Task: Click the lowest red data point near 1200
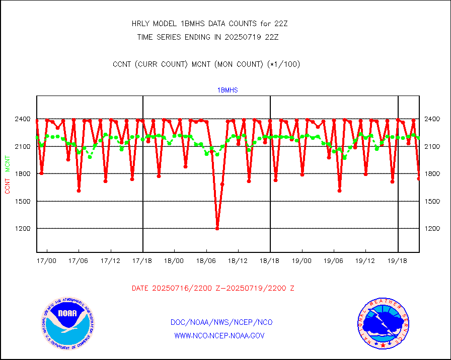(217, 228)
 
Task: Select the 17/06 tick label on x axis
(79, 261)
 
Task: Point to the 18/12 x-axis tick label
(238, 261)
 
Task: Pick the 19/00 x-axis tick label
(302, 261)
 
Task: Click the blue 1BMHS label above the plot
(228, 90)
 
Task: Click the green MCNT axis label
(8, 163)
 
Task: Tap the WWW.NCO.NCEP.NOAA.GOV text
(219, 335)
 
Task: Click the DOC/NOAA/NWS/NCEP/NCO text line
(222, 322)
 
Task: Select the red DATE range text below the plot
(213, 289)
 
